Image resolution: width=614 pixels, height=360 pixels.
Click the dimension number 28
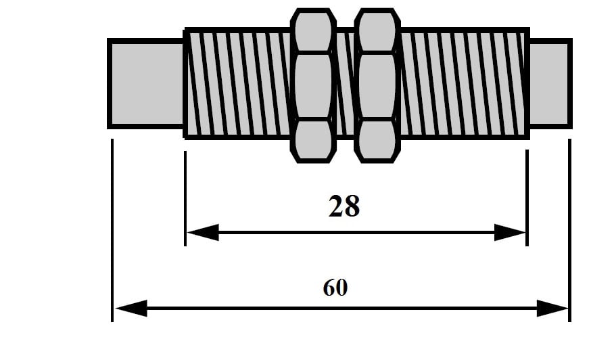click(x=344, y=206)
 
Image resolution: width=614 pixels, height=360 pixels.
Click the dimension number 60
click(x=335, y=288)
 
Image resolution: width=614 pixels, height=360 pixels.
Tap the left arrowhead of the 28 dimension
click(x=203, y=232)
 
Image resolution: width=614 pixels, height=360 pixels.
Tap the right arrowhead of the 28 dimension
click(x=510, y=232)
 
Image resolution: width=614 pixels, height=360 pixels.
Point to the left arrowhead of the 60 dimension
click(x=131, y=309)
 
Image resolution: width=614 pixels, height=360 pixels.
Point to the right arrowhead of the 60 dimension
click(x=552, y=309)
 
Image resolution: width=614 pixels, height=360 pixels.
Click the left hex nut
click(x=313, y=85)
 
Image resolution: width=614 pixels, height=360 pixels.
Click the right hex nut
click(x=377, y=85)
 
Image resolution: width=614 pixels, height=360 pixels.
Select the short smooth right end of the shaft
click(x=550, y=83)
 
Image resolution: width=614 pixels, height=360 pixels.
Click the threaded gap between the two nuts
click(x=346, y=83)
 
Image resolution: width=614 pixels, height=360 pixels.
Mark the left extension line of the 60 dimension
click(x=112, y=230)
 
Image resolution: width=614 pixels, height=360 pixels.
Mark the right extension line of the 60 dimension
click(x=570, y=230)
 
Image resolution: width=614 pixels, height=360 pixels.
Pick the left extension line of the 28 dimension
click(x=185, y=198)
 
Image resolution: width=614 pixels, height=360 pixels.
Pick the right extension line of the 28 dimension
click(x=527, y=198)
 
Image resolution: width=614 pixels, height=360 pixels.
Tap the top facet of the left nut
click(x=313, y=30)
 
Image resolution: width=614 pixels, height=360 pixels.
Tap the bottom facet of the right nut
click(x=377, y=140)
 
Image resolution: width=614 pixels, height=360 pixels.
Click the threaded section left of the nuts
click(x=238, y=83)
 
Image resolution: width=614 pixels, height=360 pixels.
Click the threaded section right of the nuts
click(x=465, y=83)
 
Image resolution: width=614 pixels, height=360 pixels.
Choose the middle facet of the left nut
click(x=313, y=85)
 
